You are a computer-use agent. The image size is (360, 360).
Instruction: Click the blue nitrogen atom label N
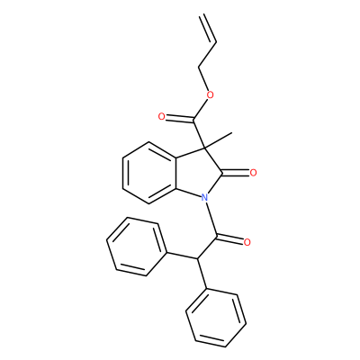[204, 197]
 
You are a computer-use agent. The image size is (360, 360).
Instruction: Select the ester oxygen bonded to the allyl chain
[211, 95]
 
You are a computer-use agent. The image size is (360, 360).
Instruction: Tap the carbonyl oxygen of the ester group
[162, 117]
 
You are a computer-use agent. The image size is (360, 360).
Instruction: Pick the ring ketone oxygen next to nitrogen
[253, 173]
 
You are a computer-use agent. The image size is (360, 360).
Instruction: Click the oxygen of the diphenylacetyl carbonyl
[247, 242]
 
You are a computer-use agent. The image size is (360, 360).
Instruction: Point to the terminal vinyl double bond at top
[206, 28]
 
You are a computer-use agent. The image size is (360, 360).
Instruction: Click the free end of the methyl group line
[232, 132]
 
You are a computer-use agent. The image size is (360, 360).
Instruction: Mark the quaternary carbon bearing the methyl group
[203, 148]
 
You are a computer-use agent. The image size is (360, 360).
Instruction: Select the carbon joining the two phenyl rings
[197, 258]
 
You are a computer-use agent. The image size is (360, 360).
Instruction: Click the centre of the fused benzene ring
[149, 173]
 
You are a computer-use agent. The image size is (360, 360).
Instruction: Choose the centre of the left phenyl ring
[137, 247]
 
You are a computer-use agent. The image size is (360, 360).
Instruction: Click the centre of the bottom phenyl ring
[216, 319]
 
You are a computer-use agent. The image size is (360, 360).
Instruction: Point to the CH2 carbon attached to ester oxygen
[198, 67]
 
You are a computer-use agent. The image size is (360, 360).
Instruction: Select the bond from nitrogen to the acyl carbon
[211, 217]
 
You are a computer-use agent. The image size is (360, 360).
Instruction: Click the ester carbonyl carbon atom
[193, 121]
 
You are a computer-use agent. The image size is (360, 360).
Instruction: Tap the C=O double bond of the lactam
[236, 172]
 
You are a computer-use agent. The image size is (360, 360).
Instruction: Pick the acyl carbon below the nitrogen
[217, 237]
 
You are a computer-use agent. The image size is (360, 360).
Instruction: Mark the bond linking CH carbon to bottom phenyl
[202, 274]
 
